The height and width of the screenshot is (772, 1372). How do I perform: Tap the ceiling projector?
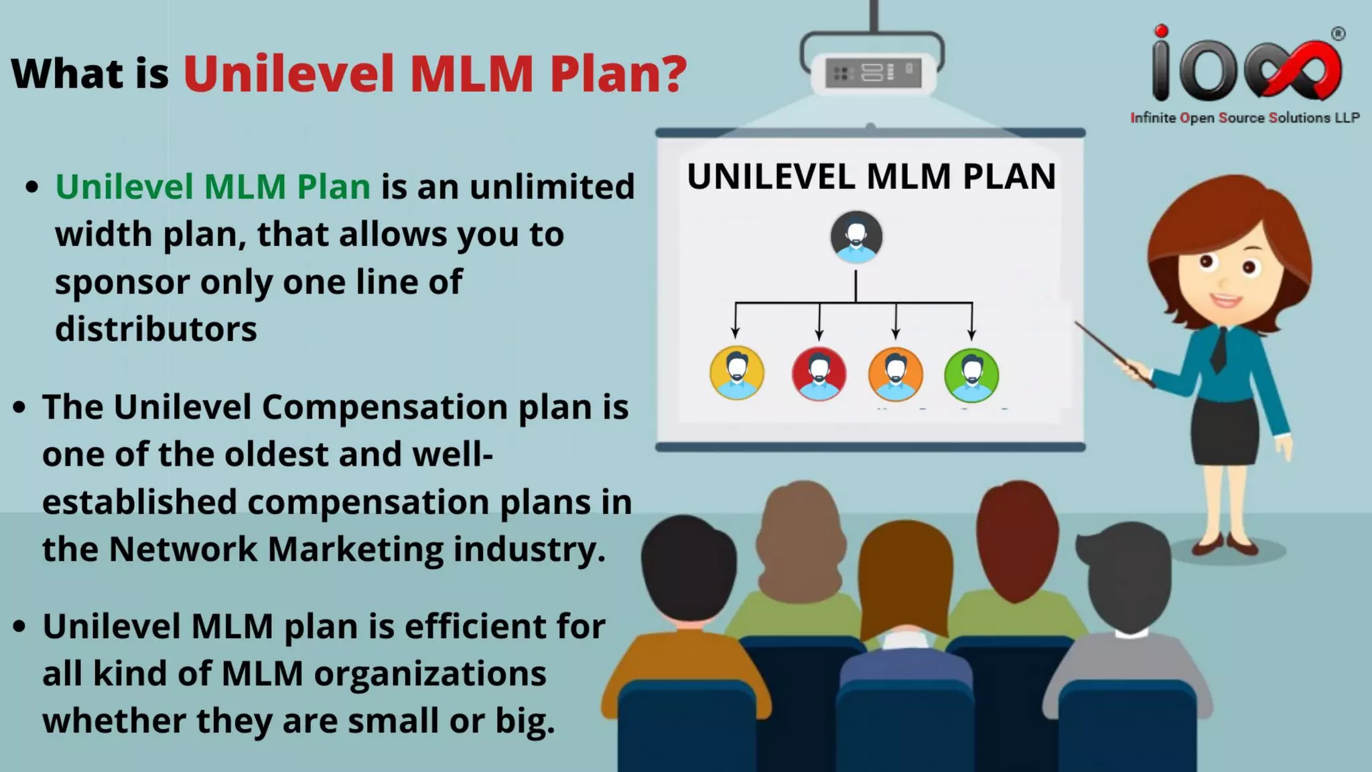[x=872, y=72]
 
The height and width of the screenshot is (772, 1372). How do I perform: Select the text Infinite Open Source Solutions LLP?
[x=1245, y=118]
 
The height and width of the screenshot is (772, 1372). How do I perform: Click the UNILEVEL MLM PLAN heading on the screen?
[x=871, y=177]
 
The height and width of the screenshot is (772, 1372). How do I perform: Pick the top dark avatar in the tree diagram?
[x=856, y=237]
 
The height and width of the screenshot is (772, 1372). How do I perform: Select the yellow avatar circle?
[x=737, y=373]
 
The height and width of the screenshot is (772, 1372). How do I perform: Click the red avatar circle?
[x=819, y=373]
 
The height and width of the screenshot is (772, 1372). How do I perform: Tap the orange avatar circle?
[x=896, y=373]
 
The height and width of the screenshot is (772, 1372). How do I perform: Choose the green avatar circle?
[x=971, y=373]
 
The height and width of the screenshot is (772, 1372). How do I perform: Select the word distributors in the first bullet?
[x=156, y=329]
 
